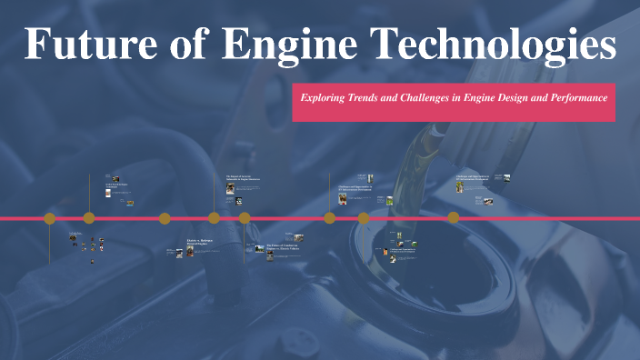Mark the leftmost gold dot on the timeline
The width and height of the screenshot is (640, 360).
point(50,218)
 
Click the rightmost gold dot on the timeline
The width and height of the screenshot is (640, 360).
point(453,218)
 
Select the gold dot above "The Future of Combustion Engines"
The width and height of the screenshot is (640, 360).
point(245,218)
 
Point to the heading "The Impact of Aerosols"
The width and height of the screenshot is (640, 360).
point(243,179)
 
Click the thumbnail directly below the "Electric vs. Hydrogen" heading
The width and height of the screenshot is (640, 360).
point(191,253)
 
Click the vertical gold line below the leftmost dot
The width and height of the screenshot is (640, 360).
point(50,241)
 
